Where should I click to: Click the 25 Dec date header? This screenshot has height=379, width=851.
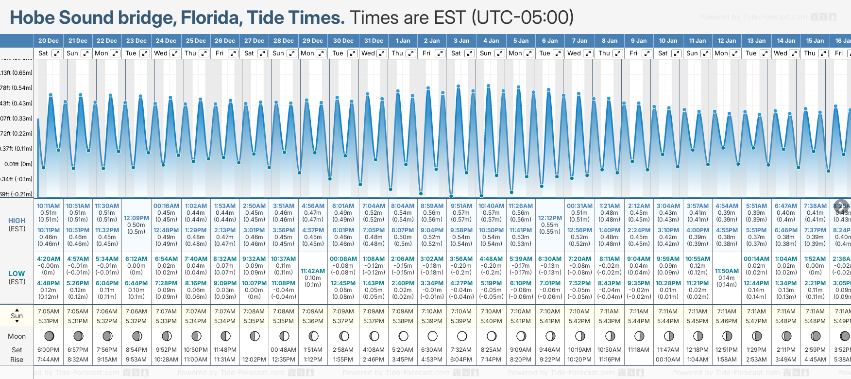click(x=196, y=41)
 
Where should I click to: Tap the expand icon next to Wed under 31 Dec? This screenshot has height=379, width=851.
click(x=382, y=53)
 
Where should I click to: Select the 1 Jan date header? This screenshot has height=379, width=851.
click(x=403, y=41)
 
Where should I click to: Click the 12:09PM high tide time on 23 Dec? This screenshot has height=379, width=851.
click(x=136, y=218)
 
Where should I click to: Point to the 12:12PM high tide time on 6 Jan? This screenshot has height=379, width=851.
click(x=550, y=218)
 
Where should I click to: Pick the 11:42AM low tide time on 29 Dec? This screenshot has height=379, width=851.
click(x=313, y=271)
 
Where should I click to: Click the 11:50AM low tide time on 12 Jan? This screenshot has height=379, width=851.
click(x=727, y=271)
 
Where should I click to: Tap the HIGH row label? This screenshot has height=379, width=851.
click(x=17, y=221)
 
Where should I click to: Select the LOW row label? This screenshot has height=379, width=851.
click(x=17, y=274)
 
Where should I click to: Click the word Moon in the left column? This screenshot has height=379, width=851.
click(x=17, y=336)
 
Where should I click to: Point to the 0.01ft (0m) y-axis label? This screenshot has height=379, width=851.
click(x=18, y=164)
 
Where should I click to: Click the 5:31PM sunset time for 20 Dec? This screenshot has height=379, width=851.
click(x=48, y=321)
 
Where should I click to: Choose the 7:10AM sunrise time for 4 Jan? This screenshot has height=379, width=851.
click(x=491, y=311)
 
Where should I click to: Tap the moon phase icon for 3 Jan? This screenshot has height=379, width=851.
click(x=462, y=336)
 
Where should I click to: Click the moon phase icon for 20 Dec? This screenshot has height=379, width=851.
click(x=49, y=336)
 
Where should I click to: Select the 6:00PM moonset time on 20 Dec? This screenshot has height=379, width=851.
click(x=48, y=350)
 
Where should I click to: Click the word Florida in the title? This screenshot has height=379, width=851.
click(x=211, y=18)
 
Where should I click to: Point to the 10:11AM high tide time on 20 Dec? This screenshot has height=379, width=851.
click(x=48, y=206)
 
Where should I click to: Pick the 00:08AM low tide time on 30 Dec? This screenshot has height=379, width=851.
click(x=343, y=259)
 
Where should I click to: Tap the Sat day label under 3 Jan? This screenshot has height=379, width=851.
click(x=456, y=53)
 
